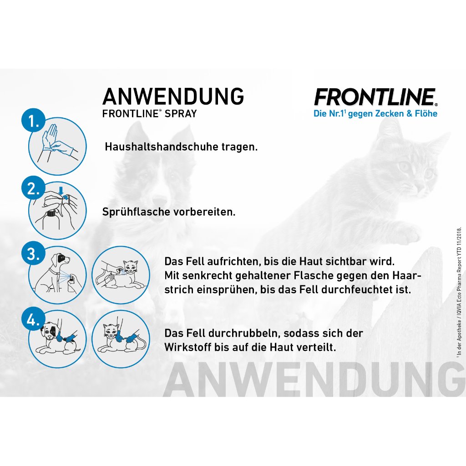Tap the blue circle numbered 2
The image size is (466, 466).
coord(33,189)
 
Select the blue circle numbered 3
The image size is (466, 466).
coord(33,254)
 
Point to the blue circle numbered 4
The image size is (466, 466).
coord(33,320)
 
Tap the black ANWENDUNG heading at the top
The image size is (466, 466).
coord(173,96)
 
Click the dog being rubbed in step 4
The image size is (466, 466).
coord(57,339)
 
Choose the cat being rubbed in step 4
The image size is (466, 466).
coord(121,339)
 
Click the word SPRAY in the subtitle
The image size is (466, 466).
coord(181,114)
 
